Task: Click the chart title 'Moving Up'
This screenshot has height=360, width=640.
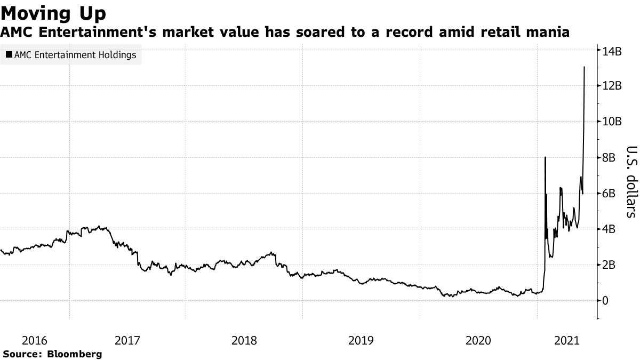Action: [53, 12]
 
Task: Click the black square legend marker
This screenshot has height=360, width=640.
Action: [9, 54]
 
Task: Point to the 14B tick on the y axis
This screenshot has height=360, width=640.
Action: [611, 51]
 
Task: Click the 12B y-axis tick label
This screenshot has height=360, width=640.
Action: [611, 86]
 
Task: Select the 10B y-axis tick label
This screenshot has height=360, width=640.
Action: [611, 122]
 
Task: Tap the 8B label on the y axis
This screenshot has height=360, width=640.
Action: [609, 158]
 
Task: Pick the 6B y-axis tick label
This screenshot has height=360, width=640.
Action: [609, 194]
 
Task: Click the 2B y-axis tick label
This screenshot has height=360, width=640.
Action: [609, 265]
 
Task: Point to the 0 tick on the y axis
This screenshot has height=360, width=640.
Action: [605, 301]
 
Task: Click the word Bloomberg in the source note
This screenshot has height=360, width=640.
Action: [75, 354]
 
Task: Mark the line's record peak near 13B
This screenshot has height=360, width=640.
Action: [585, 67]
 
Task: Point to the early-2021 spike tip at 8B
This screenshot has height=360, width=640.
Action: [545, 157]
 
